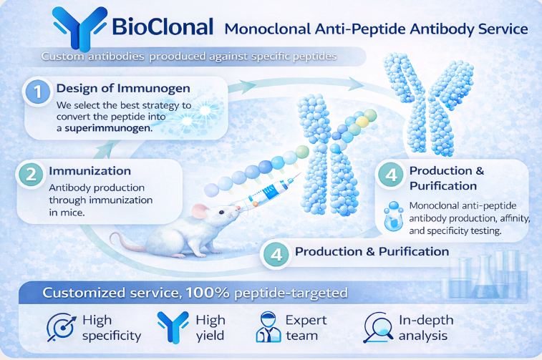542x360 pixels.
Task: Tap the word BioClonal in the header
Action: [163, 27]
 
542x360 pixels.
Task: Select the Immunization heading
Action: [89, 172]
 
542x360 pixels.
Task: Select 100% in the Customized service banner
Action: [204, 293]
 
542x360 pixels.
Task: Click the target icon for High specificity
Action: [59, 328]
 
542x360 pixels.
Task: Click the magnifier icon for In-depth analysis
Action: [377, 328]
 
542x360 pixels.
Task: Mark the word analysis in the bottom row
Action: [424, 335]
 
